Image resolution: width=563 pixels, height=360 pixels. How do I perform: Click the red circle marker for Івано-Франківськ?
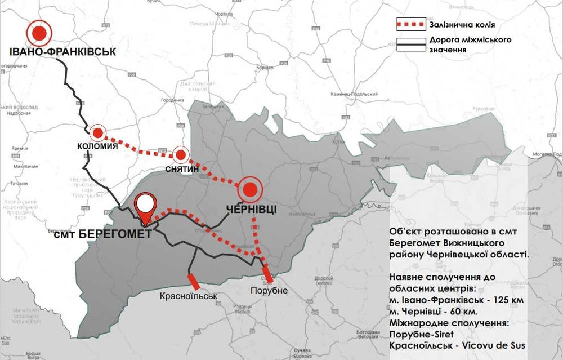[39, 34]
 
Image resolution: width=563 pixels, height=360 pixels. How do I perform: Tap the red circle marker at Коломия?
[98, 133]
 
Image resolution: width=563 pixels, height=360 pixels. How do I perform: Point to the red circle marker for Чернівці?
[250, 190]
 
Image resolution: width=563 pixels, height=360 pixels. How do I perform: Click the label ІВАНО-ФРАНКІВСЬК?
[62, 52]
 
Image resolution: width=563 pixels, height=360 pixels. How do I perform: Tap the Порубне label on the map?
[269, 290]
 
